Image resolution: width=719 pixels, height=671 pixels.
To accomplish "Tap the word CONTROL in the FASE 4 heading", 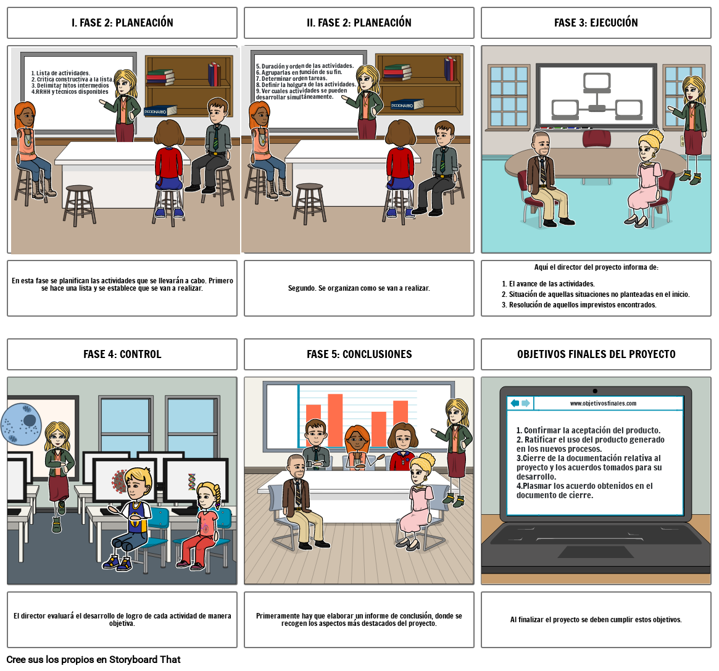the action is tap(140, 354).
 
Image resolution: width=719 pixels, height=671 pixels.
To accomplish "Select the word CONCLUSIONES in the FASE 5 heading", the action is tap(377, 354).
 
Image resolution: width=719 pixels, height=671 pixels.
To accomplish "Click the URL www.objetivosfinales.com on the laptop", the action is tap(603, 404).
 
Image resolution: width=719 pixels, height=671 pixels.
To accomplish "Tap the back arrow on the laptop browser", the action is tap(515, 403).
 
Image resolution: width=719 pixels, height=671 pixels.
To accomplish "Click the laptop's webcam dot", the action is tap(595, 391).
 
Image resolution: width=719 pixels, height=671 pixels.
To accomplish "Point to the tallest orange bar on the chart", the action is tap(335, 420).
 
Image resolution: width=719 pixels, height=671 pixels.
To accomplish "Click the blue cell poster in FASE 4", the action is tap(21, 424).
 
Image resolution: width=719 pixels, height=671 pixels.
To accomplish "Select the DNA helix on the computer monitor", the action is tap(192, 482).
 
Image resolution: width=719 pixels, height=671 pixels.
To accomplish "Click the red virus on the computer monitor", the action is tap(118, 481).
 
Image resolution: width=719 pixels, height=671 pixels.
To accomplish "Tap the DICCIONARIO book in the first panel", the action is tap(160, 111).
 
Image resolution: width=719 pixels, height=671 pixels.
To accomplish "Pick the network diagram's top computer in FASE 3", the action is tap(597, 81).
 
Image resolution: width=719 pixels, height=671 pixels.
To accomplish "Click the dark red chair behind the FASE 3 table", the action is tap(597, 139).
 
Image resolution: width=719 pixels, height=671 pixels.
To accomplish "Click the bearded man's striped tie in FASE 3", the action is tap(543, 170).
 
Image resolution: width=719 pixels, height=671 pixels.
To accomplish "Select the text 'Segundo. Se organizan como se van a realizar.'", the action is tap(359, 288).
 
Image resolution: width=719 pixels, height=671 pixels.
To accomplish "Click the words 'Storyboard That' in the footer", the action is tap(145, 659).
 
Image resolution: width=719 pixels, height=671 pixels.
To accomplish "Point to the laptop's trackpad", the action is tap(596, 552).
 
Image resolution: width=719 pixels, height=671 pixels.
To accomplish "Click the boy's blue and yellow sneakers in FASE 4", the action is tap(117, 563).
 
